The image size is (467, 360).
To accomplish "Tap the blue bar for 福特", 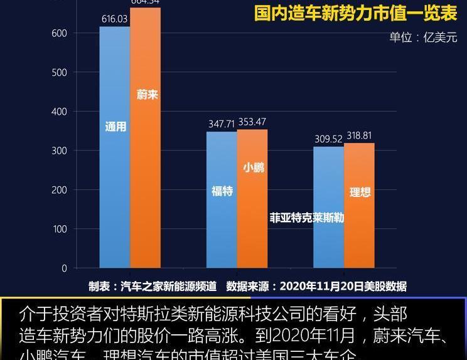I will (x=222, y=207).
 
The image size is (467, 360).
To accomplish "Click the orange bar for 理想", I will (x=359, y=213).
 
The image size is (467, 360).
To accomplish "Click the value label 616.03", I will (x=114, y=19).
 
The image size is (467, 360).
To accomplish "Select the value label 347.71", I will (x=222, y=124).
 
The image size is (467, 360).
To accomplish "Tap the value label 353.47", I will (x=252, y=122).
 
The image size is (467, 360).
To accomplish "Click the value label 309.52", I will (x=328, y=139).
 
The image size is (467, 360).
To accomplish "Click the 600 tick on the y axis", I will (x=60, y=33).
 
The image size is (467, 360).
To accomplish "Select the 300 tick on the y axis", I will (x=60, y=151).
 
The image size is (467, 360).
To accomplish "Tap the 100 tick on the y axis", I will (x=60, y=229).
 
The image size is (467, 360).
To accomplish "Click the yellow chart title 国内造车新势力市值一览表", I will (x=355, y=13).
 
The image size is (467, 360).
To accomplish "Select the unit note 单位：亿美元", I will (x=423, y=37).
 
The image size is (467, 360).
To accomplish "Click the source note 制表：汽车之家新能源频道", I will (x=153, y=287).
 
